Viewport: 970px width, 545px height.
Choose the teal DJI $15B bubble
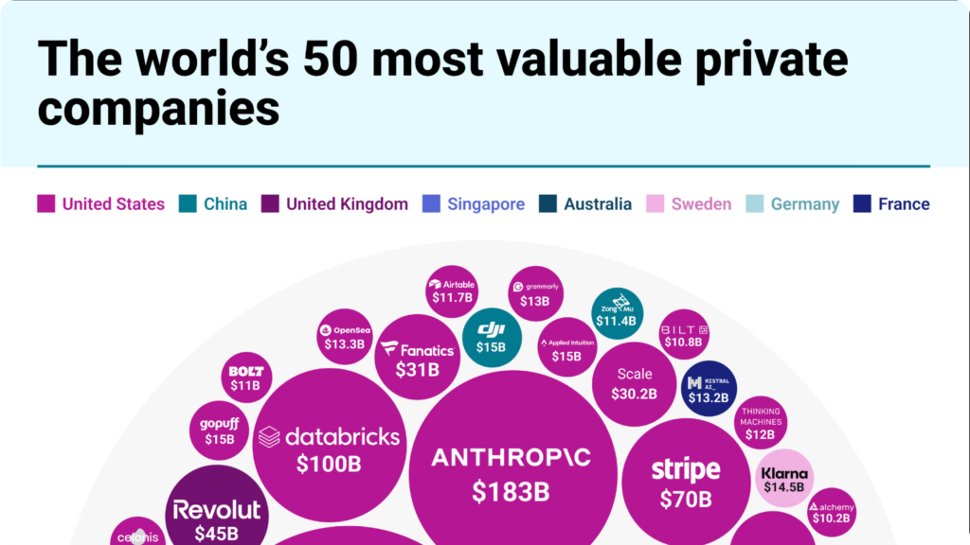pyautogui.click(x=491, y=337)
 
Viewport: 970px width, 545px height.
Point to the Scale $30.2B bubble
pyautogui.click(x=635, y=383)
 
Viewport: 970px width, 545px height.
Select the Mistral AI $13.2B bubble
pyautogui.click(x=709, y=389)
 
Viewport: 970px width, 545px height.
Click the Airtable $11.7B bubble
pyautogui.click(x=452, y=291)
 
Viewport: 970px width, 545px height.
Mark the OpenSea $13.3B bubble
pyautogui.click(x=344, y=337)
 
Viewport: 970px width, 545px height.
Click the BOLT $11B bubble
pyautogui.click(x=245, y=378)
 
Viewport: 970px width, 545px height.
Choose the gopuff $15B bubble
pyautogui.click(x=219, y=431)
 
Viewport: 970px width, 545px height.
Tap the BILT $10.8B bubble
pyautogui.click(x=683, y=335)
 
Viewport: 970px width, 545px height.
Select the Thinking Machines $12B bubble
pyautogui.click(x=760, y=423)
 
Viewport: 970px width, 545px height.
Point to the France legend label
pyautogui.click(x=904, y=203)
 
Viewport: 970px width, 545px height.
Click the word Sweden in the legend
pyautogui.click(x=701, y=203)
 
